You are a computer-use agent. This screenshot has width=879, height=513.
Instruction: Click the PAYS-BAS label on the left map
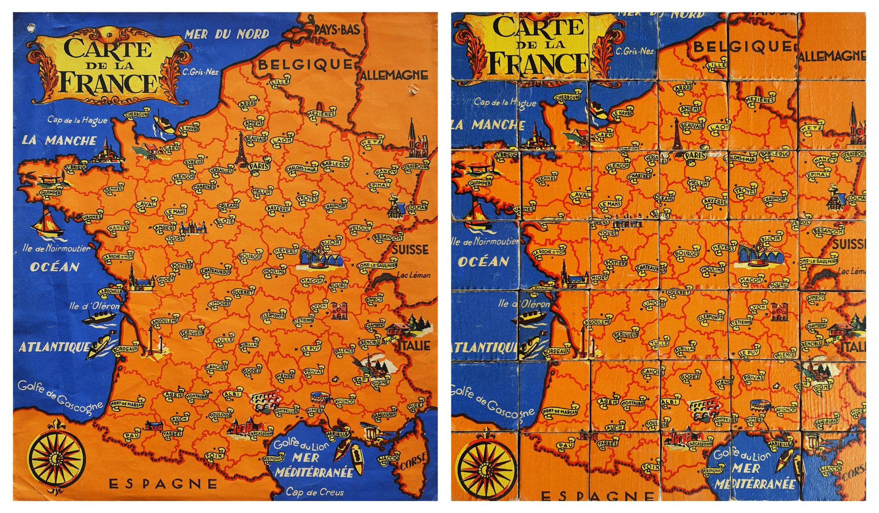coord(336,30)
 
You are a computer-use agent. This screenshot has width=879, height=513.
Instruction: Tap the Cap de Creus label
coord(315,492)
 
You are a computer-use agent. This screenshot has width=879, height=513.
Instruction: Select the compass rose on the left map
coord(56,458)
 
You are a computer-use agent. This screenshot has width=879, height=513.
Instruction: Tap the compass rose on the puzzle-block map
coord(485,468)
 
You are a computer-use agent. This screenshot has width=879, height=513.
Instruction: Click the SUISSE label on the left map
coord(410,250)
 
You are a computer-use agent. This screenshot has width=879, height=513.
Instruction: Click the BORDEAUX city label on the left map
coord(125,349)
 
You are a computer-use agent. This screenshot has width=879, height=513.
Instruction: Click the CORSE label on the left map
coord(413,461)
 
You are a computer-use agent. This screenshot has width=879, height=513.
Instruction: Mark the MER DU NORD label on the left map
coord(227,34)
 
